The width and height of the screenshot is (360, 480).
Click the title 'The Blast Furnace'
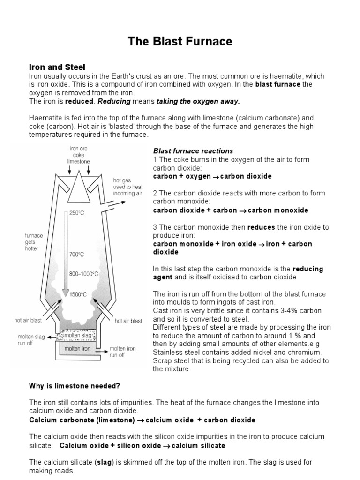[180, 42]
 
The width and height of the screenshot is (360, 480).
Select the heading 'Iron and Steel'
[57, 67]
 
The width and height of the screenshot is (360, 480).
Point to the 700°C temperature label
[77, 255]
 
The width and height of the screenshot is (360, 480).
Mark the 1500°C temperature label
[78, 294]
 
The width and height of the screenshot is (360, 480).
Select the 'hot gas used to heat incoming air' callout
[127, 187]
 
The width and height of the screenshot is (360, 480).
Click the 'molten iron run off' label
[122, 352]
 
